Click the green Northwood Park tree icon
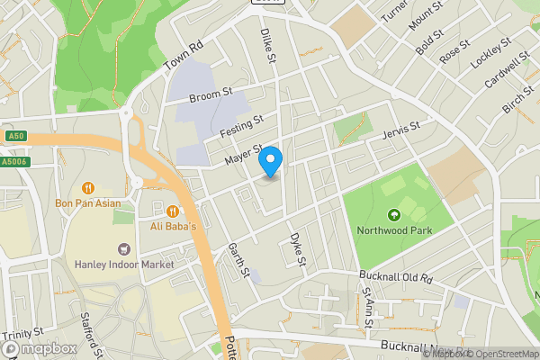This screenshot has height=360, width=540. (393, 214)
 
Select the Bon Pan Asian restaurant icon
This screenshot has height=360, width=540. (88, 188)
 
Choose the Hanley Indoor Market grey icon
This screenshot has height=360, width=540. (124, 248)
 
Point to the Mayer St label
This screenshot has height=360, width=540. (243, 155)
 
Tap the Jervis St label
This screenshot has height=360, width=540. (401, 130)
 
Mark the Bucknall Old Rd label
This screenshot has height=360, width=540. (396, 278)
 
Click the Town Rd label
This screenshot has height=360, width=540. (184, 58)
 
